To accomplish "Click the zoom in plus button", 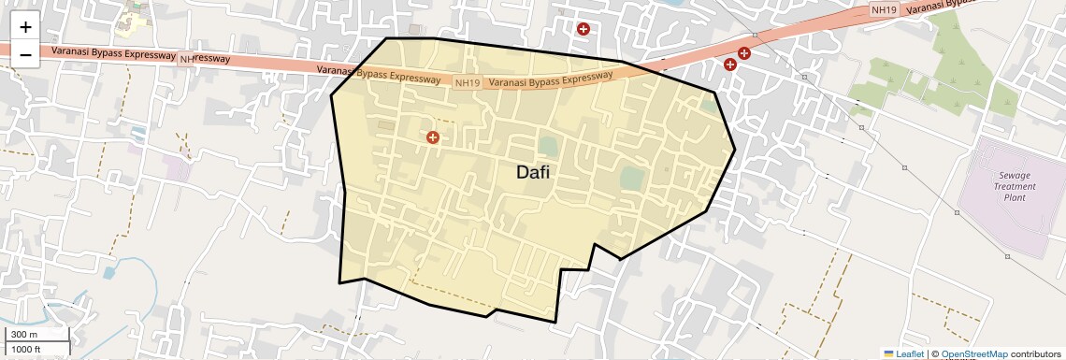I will click(25, 28).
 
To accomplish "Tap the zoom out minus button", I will click(25, 55).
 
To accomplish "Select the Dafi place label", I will click(533, 172).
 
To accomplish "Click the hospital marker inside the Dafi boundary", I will click(433, 137).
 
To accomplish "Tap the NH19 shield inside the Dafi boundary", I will click(467, 83).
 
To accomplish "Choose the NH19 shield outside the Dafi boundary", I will click(883, 9).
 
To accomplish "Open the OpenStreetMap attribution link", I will click(973, 353).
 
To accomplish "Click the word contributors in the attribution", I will click(1035, 353).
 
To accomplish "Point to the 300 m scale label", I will click(24, 335).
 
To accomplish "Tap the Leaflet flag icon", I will click(888, 353).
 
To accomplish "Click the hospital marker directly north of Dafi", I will click(583, 29).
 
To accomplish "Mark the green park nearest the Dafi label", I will click(547, 146).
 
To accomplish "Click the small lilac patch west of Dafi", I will click(176, 167).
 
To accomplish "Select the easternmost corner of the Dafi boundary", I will click(735, 149).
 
